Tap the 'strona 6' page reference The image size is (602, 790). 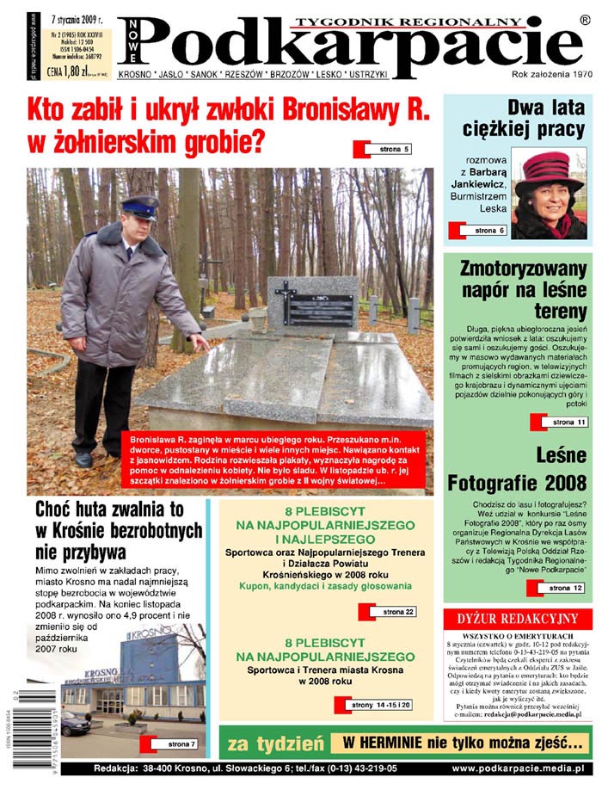point(490,231)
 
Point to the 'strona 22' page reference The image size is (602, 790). point(398,612)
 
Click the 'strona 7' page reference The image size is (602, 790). point(181,744)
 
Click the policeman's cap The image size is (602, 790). point(138,207)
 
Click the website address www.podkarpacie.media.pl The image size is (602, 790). point(518,768)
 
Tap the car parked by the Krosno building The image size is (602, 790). point(75,721)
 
